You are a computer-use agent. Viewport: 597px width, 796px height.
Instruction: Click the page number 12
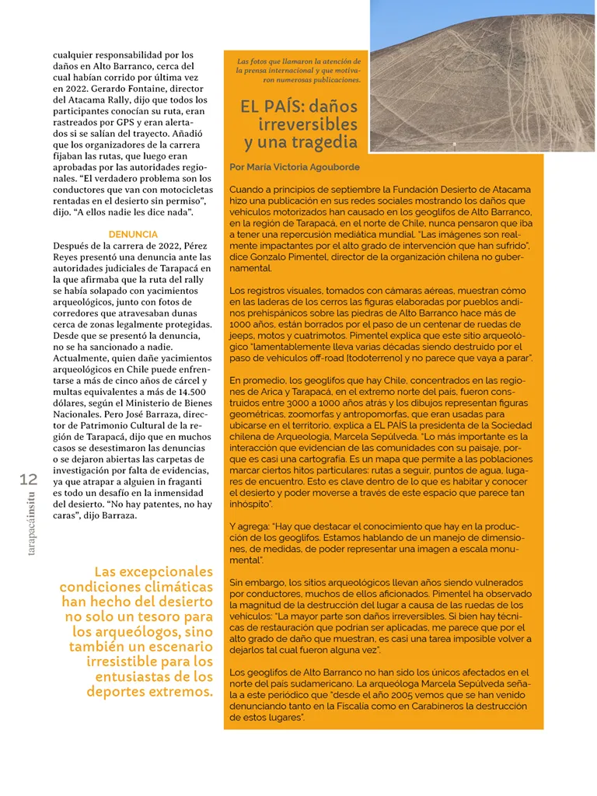click(27, 480)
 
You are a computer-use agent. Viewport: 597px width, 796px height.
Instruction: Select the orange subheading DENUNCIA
click(133, 234)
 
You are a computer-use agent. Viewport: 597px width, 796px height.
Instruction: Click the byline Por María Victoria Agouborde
click(295, 166)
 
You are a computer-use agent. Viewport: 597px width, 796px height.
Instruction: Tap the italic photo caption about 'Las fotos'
click(299, 70)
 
